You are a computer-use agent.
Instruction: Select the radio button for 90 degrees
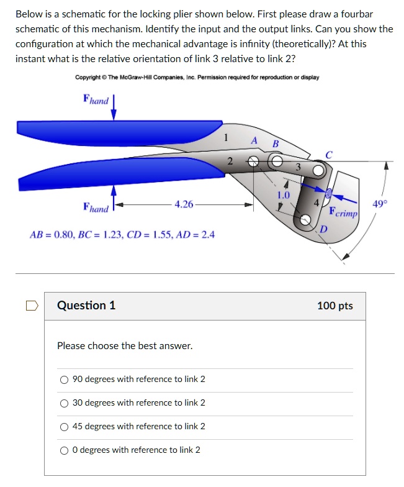click(64, 380)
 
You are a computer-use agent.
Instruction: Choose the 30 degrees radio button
click(64, 403)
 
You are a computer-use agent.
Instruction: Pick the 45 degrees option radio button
click(64, 427)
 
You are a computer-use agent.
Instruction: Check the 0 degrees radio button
click(64, 450)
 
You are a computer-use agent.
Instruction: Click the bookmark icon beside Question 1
click(32, 306)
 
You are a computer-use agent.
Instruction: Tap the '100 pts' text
click(334, 306)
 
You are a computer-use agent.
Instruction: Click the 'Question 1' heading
click(86, 306)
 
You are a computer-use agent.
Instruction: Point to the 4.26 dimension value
click(184, 204)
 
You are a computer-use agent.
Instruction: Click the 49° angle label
click(379, 203)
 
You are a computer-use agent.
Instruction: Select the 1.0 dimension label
click(284, 194)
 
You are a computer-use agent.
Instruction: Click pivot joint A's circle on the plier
click(253, 162)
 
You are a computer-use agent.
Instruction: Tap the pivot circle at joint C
click(318, 170)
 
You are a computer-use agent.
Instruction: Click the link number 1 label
click(227, 137)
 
